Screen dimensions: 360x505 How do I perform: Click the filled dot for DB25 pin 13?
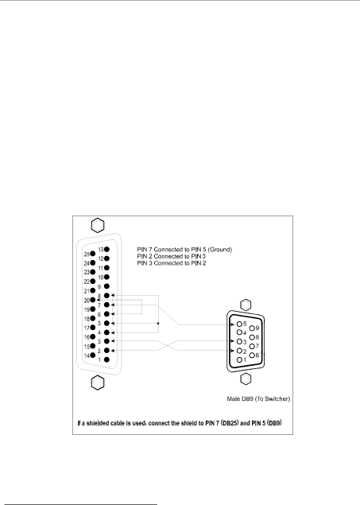click(106, 249)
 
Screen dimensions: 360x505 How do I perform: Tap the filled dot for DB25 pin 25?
click(93, 254)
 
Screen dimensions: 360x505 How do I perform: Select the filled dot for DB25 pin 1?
click(106, 359)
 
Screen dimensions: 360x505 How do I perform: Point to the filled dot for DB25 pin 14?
click(93, 355)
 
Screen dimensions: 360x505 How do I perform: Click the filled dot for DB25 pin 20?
click(93, 300)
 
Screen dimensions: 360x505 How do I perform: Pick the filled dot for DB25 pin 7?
click(106, 305)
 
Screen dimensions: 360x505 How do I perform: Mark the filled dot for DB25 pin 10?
click(106, 277)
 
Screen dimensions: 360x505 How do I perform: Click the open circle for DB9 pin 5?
click(239, 324)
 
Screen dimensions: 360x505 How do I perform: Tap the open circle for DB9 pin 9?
click(252, 328)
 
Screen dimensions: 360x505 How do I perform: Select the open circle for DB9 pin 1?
click(239, 359)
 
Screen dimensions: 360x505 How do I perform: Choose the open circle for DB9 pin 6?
click(252, 355)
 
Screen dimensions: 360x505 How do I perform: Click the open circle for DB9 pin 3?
click(239, 341)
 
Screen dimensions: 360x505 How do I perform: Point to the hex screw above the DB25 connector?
click(98, 225)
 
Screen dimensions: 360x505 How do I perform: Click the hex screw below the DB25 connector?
click(98, 383)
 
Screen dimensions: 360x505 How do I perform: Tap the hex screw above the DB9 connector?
click(246, 305)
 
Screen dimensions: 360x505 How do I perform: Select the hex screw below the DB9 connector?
click(246, 379)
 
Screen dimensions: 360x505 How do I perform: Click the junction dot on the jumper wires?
click(158, 323)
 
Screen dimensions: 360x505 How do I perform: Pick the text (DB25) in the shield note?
click(230, 423)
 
